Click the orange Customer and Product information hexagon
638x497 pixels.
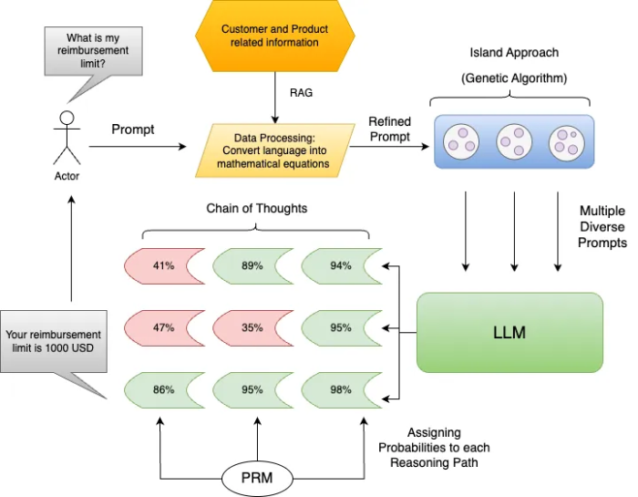click(x=274, y=36)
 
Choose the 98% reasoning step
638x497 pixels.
click(x=340, y=389)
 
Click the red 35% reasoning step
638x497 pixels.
click(x=252, y=327)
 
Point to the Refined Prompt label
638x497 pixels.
click(x=389, y=129)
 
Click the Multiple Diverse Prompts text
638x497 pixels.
click(x=602, y=227)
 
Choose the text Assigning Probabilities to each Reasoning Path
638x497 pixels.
click(x=434, y=447)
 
